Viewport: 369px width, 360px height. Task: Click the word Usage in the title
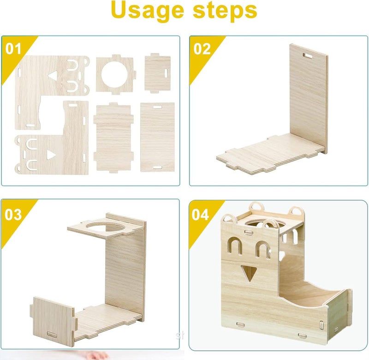[x=148, y=11]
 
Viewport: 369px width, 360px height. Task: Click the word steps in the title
[x=225, y=11]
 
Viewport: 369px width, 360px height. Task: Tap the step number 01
[x=13, y=49]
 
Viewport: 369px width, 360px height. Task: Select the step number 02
[x=202, y=49]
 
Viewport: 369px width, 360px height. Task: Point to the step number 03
[x=13, y=215]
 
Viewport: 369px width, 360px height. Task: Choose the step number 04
[x=200, y=215]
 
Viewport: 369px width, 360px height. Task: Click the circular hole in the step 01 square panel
[x=114, y=74]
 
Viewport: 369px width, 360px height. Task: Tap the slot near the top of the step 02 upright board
[x=307, y=56]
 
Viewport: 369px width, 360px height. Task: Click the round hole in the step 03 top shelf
[x=105, y=227]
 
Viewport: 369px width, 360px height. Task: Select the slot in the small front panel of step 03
[x=52, y=334]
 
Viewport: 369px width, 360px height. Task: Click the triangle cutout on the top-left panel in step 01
[x=53, y=76]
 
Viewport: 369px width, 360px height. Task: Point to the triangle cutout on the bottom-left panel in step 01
[x=51, y=155]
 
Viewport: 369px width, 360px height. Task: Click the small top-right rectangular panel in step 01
[x=157, y=73]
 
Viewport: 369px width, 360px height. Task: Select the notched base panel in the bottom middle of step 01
[x=113, y=138]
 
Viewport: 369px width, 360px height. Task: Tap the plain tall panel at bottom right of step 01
[x=157, y=137]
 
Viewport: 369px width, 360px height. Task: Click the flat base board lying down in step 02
[x=269, y=153]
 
